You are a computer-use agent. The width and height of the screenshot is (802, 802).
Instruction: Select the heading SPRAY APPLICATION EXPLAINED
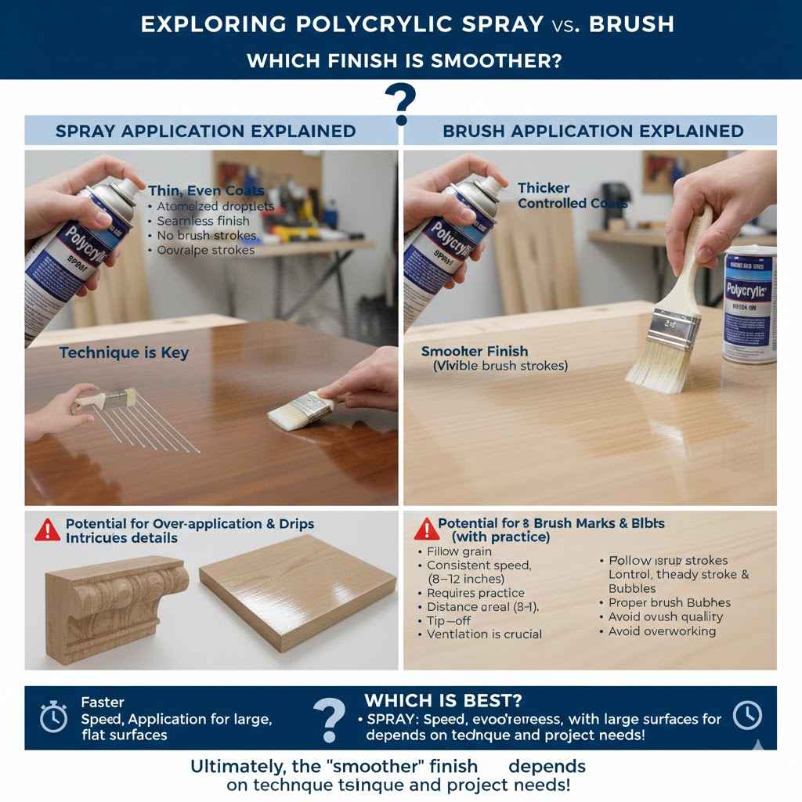click(x=205, y=132)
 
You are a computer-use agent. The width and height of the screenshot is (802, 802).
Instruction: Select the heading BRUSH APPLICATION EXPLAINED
click(x=593, y=132)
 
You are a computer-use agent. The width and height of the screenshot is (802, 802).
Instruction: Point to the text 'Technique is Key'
click(x=124, y=353)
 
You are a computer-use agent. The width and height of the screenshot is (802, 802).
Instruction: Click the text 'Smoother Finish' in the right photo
click(x=475, y=352)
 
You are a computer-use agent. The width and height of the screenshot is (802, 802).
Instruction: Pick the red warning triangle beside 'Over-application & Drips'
click(x=48, y=530)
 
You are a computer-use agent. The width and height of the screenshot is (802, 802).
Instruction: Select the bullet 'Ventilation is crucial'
click(x=484, y=634)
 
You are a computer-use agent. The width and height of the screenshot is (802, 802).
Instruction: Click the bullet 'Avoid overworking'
click(x=662, y=631)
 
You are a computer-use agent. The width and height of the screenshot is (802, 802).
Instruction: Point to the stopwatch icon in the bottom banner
click(x=53, y=717)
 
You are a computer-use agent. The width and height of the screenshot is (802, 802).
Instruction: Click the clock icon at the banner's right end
click(x=747, y=715)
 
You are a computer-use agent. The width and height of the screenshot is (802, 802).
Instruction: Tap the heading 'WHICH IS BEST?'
click(x=443, y=700)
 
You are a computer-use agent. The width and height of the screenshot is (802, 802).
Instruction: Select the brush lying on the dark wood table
click(x=302, y=410)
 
